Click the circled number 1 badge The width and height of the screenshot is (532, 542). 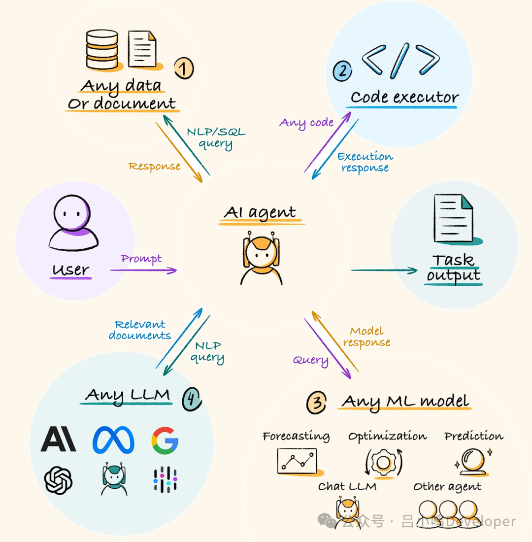tap(183, 68)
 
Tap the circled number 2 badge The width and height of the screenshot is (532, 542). tap(342, 70)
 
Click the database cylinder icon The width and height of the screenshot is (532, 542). tap(101, 49)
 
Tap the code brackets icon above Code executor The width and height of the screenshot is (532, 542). tap(400, 60)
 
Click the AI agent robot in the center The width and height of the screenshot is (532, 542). tap(262, 259)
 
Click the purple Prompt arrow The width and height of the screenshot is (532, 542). tap(143, 270)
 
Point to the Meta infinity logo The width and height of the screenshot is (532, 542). tap(113, 440)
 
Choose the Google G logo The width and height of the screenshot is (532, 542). tap(165, 440)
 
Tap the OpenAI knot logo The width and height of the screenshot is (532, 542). tap(58, 480)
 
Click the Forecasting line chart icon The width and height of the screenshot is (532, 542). tap(297, 461)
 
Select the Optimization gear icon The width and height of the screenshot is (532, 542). tap(384, 462)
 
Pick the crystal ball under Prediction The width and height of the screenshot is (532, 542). tap(471, 461)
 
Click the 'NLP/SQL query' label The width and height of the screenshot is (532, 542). tap(216, 138)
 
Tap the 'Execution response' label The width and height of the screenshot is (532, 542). tap(365, 162)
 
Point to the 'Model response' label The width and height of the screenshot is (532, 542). tap(366, 337)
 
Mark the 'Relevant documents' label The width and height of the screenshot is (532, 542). tap(140, 330)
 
